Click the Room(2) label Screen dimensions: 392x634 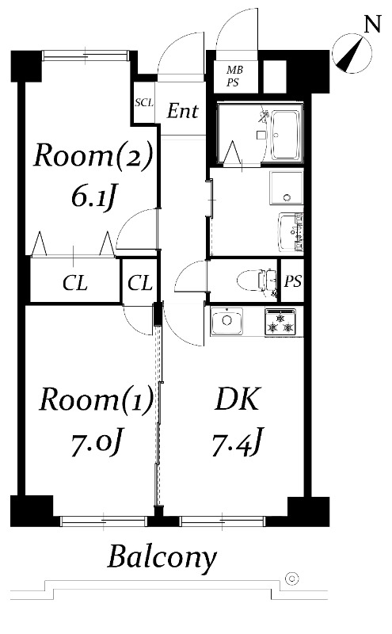tap(93, 156)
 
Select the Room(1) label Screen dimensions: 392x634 tap(96, 399)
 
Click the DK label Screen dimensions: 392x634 tap(238, 399)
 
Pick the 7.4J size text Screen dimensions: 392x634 tap(238, 441)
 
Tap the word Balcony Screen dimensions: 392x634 tap(162, 559)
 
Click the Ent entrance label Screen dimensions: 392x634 tap(183, 111)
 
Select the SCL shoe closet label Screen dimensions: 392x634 tap(144, 103)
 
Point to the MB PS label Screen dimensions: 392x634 tap(234, 76)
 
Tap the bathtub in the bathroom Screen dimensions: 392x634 tap(285, 135)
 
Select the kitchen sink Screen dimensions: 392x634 tap(227, 321)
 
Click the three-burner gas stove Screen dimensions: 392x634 tap(280, 323)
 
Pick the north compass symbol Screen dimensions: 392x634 tap(352, 54)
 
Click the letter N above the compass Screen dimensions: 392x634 tap(373, 24)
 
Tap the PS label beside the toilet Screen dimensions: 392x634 tap(292, 281)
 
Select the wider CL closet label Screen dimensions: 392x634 tap(75, 283)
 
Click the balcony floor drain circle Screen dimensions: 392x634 tap(291, 579)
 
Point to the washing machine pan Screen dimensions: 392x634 tap(287, 189)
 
